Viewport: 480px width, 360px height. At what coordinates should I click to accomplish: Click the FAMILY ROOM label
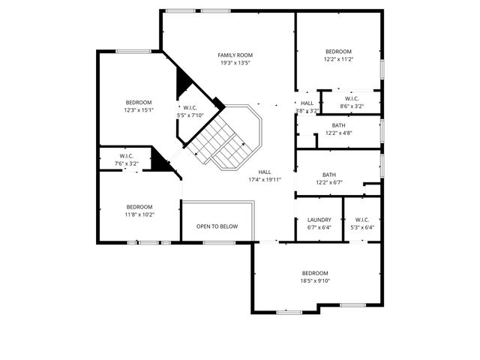pyautogui.click(x=235, y=55)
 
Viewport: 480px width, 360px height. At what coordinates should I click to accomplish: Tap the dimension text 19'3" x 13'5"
pyautogui.click(x=235, y=63)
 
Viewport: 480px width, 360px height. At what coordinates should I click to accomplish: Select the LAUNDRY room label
pyautogui.click(x=319, y=220)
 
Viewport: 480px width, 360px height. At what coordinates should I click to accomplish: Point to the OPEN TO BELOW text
pyautogui.click(x=217, y=226)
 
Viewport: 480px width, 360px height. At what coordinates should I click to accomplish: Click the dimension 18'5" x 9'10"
pyautogui.click(x=315, y=281)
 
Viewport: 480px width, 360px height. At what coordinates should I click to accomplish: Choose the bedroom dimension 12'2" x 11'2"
pyautogui.click(x=338, y=59)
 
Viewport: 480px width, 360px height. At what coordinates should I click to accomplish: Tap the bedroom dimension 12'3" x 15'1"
pyautogui.click(x=139, y=110)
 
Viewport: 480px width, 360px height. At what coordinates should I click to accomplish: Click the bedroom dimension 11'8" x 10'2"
pyautogui.click(x=139, y=214)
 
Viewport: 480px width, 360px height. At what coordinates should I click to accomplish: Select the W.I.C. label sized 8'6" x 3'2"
pyautogui.click(x=352, y=98)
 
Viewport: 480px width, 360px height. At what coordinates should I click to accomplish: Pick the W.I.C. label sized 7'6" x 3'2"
pyautogui.click(x=126, y=156)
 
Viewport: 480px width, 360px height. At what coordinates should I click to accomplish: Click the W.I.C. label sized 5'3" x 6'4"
pyautogui.click(x=361, y=220)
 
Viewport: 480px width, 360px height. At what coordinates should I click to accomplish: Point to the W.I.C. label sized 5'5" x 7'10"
pyautogui.click(x=190, y=107)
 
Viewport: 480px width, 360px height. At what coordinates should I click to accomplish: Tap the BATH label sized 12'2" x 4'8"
pyautogui.click(x=339, y=125)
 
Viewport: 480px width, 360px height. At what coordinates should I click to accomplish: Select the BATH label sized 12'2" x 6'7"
pyautogui.click(x=328, y=174)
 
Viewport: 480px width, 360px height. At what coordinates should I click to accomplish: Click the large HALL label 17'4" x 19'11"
pyautogui.click(x=265, y=172)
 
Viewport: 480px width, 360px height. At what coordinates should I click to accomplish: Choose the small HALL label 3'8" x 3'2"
pyautogui.click(x=307, y=103)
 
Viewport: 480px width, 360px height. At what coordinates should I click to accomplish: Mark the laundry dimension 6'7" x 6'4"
pyautogui.click(x=319, y=227)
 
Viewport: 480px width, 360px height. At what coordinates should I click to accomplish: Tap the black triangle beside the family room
pyautogui.click(x=182, y=85)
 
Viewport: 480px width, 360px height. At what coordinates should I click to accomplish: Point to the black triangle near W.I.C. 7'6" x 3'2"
pyautogui.click(x=157, y=160)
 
